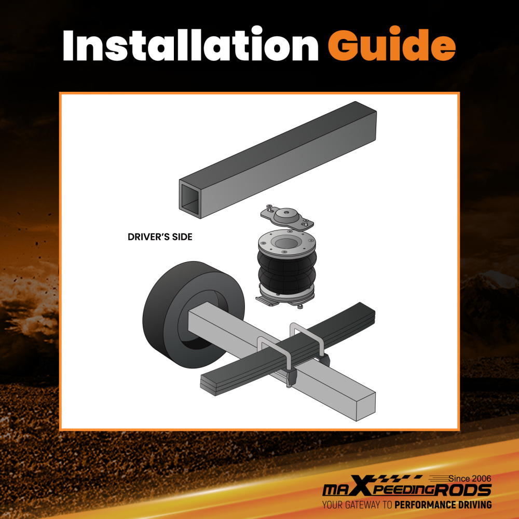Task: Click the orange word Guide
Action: [x=391, y=44]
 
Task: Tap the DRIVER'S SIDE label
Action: [x=160, y=237]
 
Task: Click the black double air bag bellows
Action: [x=286, y=271]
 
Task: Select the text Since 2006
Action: [x=470, y=479]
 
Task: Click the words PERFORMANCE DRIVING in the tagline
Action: [x=443, y=505]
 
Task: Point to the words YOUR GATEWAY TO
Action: [x=357, y=505]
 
